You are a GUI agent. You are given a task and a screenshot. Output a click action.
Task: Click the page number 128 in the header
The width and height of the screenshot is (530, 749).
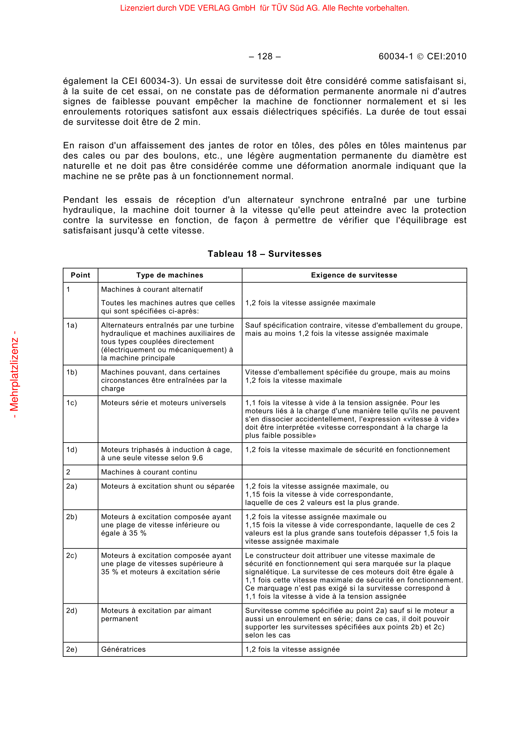(265, 56)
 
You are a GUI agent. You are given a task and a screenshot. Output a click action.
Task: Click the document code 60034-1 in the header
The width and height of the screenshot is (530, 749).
(395, 56)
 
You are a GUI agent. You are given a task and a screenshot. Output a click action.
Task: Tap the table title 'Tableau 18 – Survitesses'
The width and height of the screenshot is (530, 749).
(265, 254)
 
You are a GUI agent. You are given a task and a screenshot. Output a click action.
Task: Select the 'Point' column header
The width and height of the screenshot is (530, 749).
(80, 275)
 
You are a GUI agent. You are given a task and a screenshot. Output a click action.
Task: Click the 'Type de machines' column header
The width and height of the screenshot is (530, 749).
(170, 275)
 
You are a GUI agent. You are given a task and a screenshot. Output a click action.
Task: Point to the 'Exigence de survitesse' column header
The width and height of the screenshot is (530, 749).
(354, 275)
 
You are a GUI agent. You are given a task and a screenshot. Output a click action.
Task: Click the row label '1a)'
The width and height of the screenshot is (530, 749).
(72, 325)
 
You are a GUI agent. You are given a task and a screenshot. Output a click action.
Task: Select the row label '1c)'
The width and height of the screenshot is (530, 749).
(72, 403)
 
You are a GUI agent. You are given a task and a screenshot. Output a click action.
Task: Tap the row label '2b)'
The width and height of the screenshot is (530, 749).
(72, 517)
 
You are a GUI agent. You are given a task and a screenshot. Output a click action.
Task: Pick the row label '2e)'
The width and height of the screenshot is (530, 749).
(72, 649)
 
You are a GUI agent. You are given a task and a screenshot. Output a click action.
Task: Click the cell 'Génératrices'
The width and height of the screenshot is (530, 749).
(123, 649)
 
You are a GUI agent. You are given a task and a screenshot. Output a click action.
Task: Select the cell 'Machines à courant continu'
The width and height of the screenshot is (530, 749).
(149, 472)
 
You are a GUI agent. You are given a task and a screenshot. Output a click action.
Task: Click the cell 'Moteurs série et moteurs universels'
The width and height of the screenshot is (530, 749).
(163, 403)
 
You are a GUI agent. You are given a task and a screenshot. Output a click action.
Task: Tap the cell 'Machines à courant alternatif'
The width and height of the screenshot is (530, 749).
(152, 289)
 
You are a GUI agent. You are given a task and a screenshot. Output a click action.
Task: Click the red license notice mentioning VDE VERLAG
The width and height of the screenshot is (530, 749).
(265, 8)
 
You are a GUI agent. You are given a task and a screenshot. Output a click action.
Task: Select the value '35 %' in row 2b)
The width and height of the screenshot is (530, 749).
(138, 533)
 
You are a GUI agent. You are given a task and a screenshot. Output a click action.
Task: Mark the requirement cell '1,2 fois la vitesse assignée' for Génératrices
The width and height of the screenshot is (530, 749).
(293, 649)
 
